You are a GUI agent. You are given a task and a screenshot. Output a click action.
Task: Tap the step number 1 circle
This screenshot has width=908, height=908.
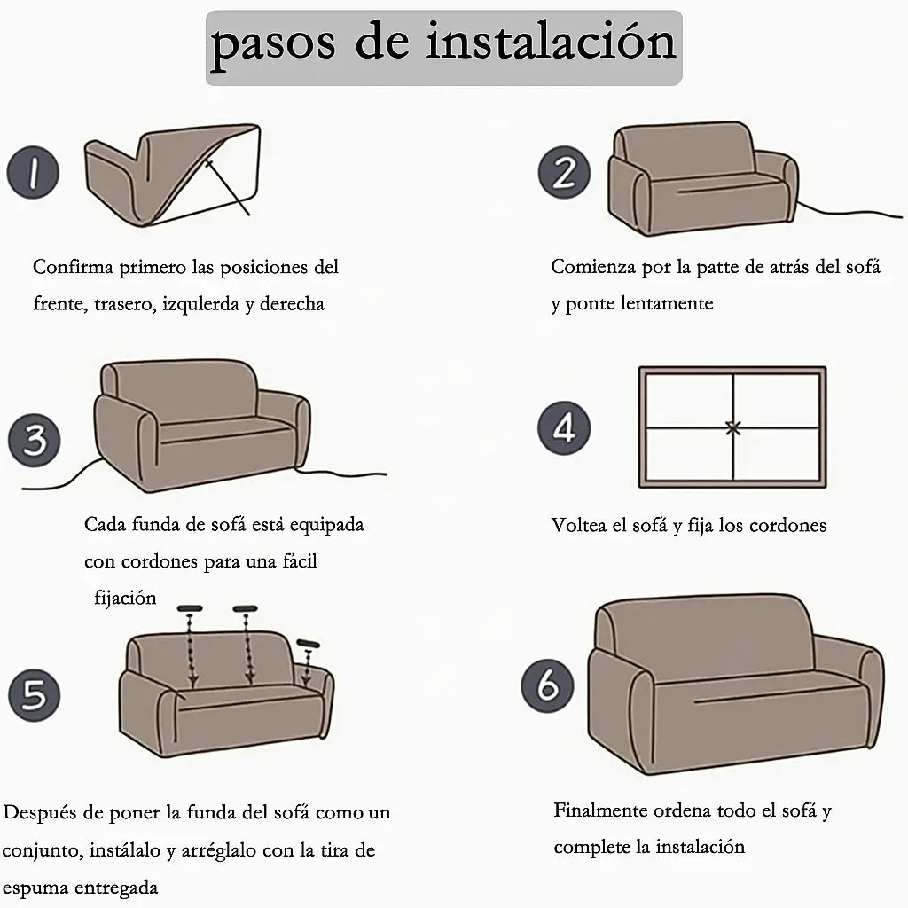(x=33, y=173)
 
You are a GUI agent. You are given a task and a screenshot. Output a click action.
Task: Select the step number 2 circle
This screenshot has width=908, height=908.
(x=564, y=172)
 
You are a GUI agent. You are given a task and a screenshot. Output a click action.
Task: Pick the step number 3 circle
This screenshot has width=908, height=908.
(x=35, y=440)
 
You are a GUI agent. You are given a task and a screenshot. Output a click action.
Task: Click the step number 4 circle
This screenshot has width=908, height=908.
(x=564, y=428)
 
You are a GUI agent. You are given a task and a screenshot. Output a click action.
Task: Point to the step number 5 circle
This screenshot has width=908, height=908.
(x=35, y=695)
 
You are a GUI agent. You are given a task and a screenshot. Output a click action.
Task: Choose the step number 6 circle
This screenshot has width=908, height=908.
(x=547, y=685)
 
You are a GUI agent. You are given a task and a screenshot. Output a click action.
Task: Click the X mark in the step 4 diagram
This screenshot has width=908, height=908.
(x=733, y=428)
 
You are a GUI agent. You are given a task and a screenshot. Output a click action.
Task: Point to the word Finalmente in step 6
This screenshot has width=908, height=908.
(x=600, y=810)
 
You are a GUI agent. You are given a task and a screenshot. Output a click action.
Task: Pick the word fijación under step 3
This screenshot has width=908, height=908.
(x=125, y=598)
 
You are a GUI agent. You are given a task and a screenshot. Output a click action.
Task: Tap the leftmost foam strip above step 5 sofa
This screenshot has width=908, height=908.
(x=190, y=608)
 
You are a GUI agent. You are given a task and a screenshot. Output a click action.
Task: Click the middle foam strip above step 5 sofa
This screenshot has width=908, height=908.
(x=245, y=608)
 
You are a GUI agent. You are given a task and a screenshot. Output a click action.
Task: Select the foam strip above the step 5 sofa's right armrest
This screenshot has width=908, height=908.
(x=308, y=644)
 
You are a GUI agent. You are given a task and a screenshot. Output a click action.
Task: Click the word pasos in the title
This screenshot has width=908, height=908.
(x=273, y=43)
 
